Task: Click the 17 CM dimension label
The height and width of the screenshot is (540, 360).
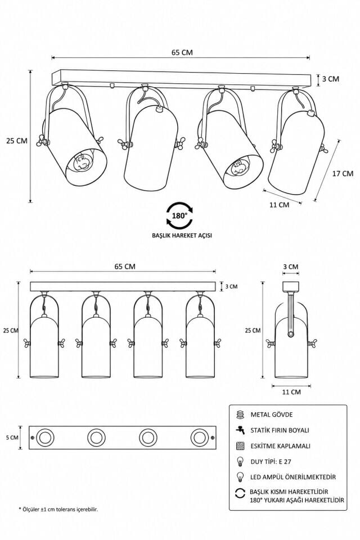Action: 343,173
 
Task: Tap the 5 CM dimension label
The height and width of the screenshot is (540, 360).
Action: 12,438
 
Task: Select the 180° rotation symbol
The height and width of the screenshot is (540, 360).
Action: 179,215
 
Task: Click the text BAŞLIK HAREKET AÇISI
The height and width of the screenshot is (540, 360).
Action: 182,236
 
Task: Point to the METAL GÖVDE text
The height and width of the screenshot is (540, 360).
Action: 272,415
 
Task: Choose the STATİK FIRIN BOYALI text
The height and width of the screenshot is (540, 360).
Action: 280,430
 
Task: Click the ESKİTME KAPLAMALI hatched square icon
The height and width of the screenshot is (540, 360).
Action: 240,446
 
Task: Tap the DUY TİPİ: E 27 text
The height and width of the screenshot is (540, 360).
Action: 271,461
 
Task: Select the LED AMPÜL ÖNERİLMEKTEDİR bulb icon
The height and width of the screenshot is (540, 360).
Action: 240,477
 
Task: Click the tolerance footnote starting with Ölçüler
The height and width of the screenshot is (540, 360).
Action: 58,509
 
